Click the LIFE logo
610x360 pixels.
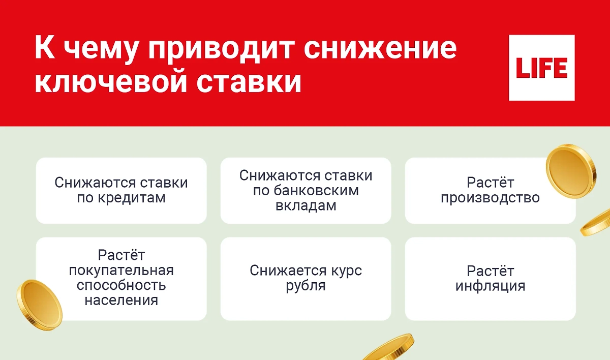(x=541, y=68)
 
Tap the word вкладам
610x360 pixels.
(x=306, y=206)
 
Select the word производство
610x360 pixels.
(x=490, y=198)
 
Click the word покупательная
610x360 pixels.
(x=121, y=269)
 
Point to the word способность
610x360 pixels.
(x=121, y=285)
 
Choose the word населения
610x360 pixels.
(x=121, y=300)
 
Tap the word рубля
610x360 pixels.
(x=306, y=286)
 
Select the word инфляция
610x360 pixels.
(x=490, y=286)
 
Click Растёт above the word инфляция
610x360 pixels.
(x=490, y=271)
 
